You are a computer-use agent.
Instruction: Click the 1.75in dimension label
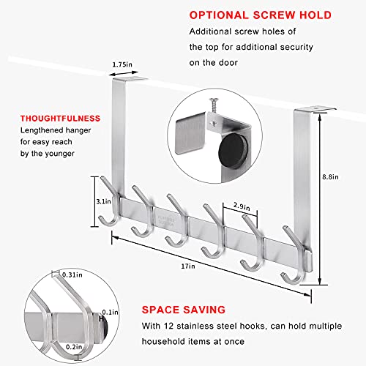pos(122,64)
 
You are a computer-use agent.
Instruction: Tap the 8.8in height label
pos(330,177)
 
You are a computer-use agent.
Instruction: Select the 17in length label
pos(188,266)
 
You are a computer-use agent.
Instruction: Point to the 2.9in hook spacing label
pos(242,206)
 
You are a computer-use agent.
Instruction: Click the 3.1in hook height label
pos(103,201)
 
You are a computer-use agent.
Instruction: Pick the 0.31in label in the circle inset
pos(72,275)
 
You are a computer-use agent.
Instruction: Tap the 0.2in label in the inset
pos(74,347)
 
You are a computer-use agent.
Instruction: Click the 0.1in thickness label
pos(110,313)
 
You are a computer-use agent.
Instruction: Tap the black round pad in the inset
pos(234,152)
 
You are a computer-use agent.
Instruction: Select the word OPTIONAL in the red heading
pos(219,15)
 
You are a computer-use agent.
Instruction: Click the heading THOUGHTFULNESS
pos(60,119)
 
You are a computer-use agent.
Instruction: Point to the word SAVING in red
pos(204,310)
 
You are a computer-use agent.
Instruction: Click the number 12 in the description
pos(169,326)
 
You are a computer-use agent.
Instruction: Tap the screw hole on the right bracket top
pos(316,108)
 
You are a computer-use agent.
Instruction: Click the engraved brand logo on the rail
pos(165,220)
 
